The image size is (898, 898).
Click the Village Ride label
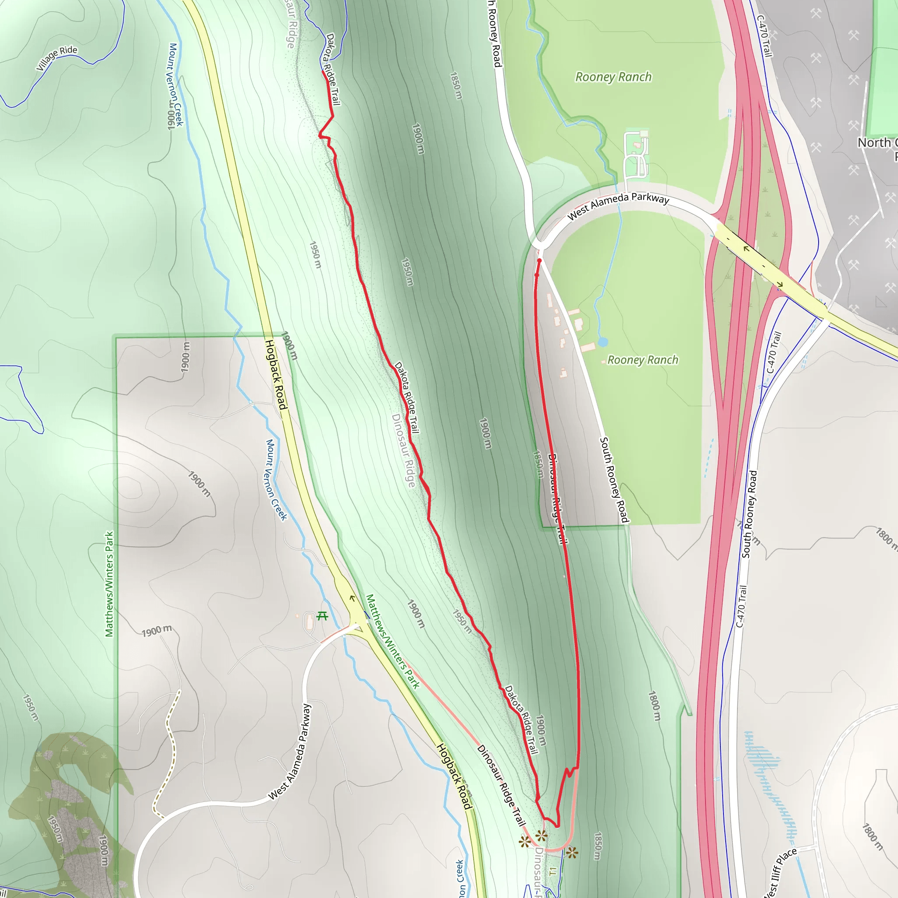(57, 58)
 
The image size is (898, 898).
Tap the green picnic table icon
(322, 616)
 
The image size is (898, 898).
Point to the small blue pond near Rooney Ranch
(603, 342)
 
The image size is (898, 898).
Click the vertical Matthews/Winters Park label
(109, 584)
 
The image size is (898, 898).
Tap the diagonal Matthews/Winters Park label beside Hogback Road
(393, 641)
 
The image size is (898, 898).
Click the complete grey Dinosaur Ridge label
(403, 450)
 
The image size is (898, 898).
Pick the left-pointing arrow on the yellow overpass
(746, 249)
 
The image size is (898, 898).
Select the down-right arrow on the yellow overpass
(780, 285)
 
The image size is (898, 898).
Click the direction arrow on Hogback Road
(352, 598)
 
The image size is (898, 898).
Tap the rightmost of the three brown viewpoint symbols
(572, 852)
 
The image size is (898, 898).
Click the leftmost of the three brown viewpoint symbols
(525, 841)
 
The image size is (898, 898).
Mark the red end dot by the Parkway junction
(539, 261)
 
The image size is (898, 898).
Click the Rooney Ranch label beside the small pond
(643, 360)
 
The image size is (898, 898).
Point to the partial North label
(877, 143)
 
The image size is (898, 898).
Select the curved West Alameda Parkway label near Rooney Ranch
(618, 205)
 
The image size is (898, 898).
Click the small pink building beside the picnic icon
(297, 616)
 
